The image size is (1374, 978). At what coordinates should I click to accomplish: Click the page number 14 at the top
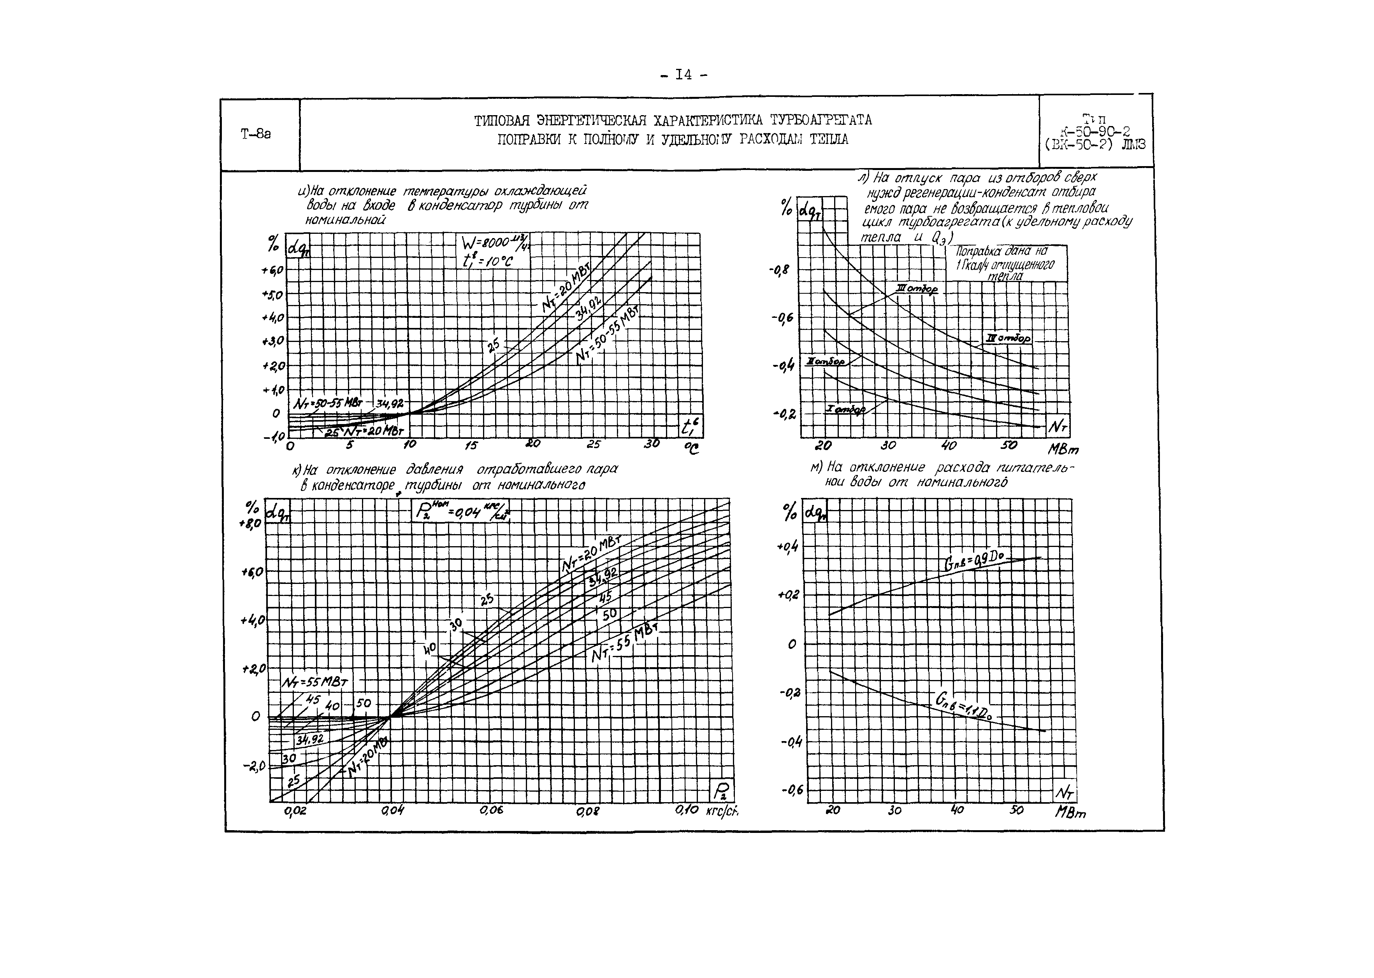pos(683,75)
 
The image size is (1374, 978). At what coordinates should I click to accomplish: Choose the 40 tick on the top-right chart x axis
pos(949,446)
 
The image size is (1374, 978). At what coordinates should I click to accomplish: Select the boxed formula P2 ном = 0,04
pos(461,511)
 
